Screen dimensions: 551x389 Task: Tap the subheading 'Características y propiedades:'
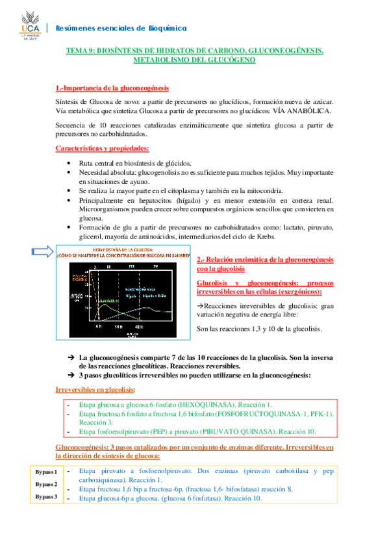102,148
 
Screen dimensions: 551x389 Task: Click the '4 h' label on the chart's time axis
98,327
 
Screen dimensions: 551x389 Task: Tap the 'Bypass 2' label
46,484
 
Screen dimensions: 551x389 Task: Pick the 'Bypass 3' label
46,497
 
